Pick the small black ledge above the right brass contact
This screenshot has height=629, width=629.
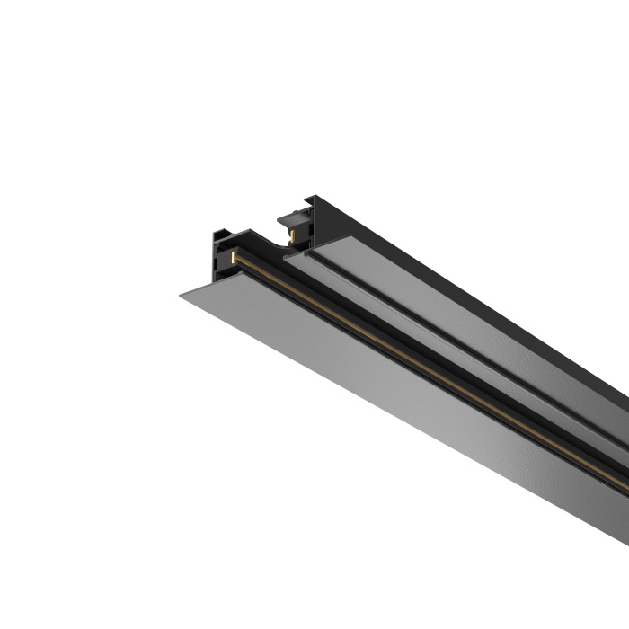click(292, 217)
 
